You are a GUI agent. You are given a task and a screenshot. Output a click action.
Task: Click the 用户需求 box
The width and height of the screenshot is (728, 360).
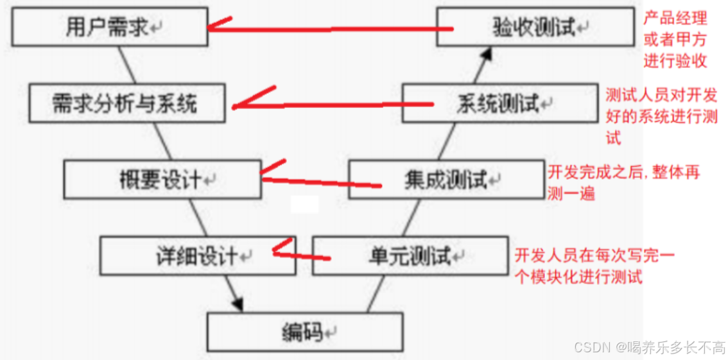coord(109,27)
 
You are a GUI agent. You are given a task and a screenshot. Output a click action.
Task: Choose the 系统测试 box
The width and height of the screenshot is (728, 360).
coord(500,104)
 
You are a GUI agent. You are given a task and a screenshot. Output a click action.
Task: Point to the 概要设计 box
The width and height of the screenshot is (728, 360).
coord(162,180)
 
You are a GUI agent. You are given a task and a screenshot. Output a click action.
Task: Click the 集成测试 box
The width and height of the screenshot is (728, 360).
coord(446,180)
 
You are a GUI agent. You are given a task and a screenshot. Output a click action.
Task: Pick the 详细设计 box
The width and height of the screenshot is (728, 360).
coord(198,256)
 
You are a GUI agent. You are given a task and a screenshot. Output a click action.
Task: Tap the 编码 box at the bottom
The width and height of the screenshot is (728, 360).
coord(304,332)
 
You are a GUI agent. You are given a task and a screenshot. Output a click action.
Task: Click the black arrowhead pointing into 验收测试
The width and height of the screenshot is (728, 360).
coord(487,56)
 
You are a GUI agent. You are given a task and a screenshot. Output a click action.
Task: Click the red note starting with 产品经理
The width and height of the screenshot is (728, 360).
coord(675,40)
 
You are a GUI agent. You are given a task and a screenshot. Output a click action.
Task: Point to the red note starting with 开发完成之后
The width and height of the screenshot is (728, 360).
coord(623,182)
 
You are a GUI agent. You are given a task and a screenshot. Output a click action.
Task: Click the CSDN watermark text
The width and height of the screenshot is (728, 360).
coord(649,347)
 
